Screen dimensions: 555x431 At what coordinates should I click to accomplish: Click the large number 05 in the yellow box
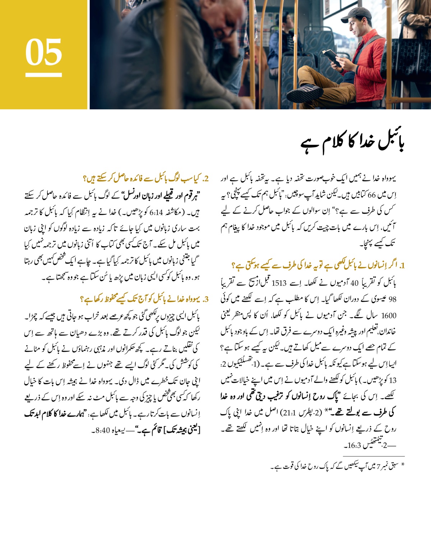point(43,52)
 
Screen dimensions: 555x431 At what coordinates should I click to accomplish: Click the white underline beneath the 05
point(43,75)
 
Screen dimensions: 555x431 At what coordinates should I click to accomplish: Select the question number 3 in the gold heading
point(206,299)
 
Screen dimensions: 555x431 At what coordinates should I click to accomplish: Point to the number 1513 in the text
point(279,283)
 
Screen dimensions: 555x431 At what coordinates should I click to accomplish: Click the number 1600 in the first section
point(389,316)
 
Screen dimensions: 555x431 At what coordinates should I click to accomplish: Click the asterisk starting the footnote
point(403,466)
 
